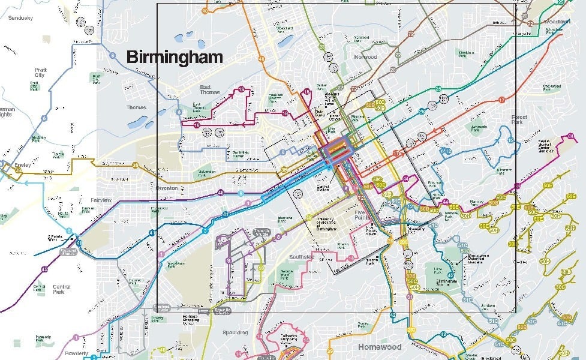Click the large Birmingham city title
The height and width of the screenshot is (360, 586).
coord(175,58)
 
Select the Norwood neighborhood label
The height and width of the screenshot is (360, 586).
coord(365,57)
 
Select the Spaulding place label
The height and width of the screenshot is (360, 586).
coord(235,332)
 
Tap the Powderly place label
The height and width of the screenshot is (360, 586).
coord(77,354)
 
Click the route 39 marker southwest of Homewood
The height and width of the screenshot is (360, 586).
coord(162,350)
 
